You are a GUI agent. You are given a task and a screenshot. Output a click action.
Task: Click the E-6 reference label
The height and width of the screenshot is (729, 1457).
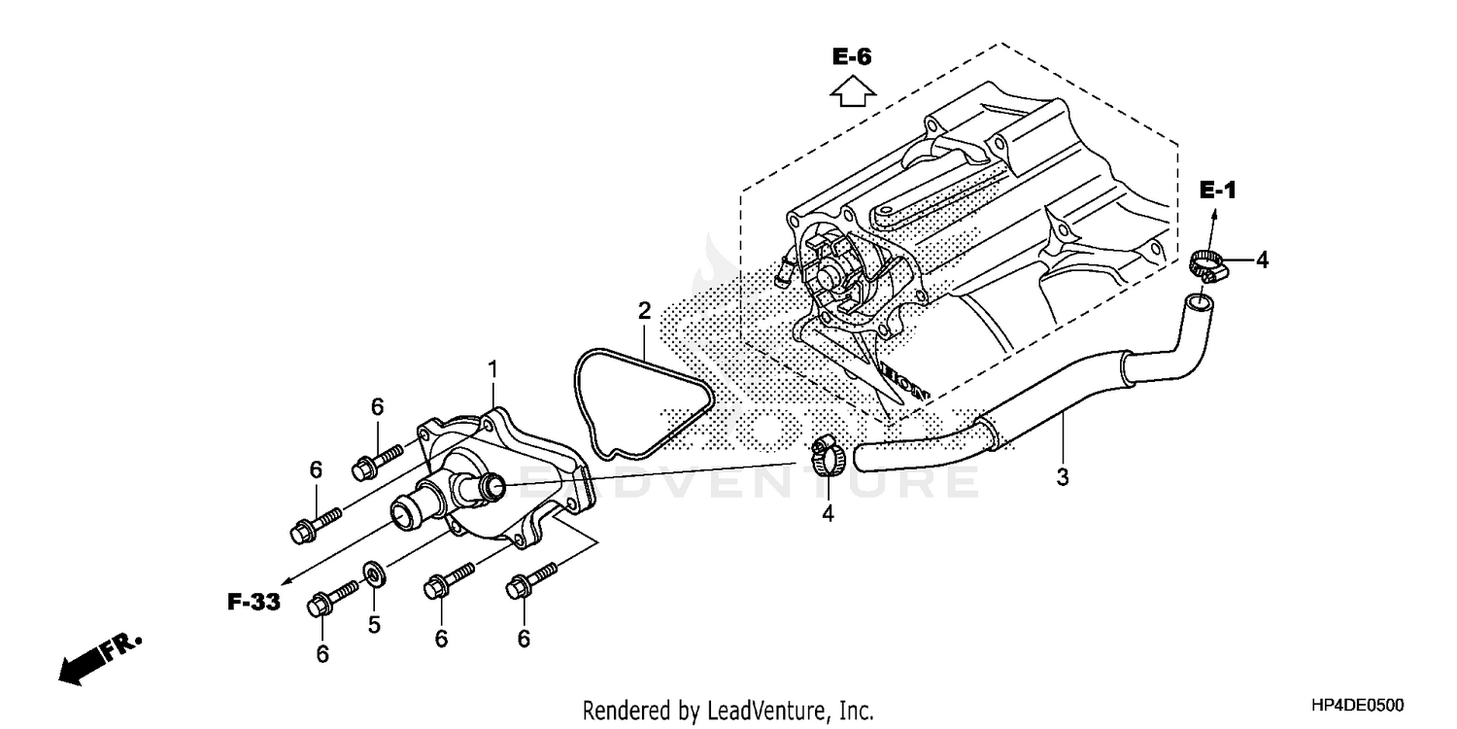pyautogui.click(x=852, y=57)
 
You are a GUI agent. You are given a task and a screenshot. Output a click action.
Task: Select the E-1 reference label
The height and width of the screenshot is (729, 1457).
pyautogui.click(x=1217, y=191)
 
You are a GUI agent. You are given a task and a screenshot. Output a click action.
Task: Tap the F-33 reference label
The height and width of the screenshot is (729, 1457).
pyautogui.click(x=254, y=603)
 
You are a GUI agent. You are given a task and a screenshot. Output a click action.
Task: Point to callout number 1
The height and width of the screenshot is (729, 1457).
pyautogui.click(x=492, y=369)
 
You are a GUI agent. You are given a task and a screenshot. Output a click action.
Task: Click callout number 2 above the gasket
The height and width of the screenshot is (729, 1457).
pyautogui.click(x=644, y=311)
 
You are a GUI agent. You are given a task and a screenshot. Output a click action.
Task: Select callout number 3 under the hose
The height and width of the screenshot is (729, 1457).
pyautogui.click(x=1062, y=477)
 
